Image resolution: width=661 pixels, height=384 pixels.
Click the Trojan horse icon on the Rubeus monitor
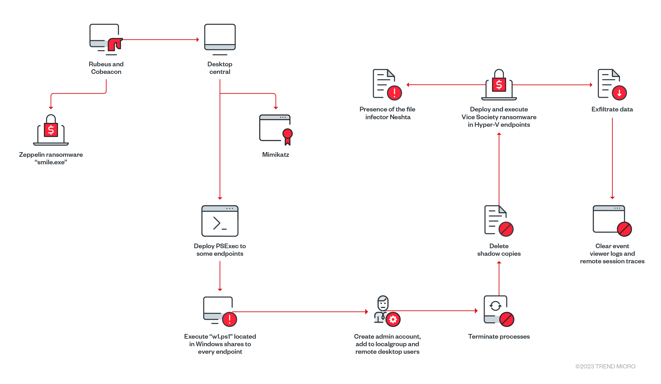click(115, 44)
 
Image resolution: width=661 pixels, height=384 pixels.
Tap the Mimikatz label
click(275, 155)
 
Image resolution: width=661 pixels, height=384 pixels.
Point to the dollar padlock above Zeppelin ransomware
click(51, 127)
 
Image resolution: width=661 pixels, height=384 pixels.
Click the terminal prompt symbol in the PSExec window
click(219, 223)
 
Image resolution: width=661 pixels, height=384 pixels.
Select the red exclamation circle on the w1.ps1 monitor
click(230, 319)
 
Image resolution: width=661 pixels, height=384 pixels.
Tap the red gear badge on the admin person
click(393, 319)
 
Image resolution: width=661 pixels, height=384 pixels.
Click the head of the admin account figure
click(383, 303)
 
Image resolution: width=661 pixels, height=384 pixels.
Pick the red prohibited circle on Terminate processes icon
click(507, 319)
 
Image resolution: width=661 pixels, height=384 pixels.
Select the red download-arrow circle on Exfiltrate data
click(619, 93)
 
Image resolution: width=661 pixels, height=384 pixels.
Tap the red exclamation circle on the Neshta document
click(394, 93)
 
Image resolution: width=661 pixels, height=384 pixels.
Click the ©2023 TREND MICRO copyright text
click(605, 366)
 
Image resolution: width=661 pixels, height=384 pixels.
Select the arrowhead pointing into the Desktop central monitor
click(198, 40)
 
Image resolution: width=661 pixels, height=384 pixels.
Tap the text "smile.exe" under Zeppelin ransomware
click(51, 162)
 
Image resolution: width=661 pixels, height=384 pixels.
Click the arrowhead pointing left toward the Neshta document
click(408, 85)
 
